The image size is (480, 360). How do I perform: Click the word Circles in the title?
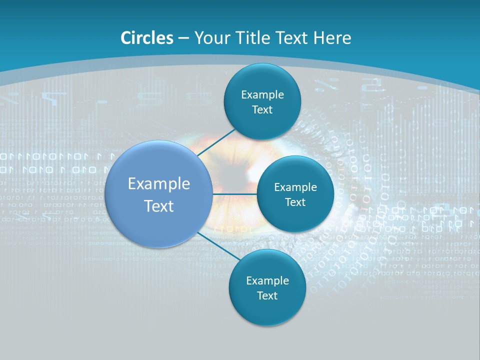tap(146, 38)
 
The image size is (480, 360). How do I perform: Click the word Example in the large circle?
tap(159, 184)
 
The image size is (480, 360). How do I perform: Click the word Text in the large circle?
tap(159, 206)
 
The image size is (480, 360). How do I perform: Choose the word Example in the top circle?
tap(262, 95)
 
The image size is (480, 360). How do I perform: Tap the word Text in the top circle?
tap(262, 110)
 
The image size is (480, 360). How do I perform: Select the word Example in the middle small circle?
tap(295, 187)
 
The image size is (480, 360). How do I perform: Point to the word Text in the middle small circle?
tap(295, 202)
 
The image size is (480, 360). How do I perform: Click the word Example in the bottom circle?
tap(267, 281)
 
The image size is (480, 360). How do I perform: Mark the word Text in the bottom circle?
tap(267, 296)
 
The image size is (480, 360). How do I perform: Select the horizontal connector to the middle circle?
tap(234, 194)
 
